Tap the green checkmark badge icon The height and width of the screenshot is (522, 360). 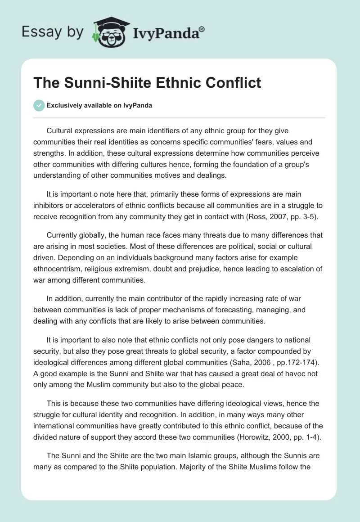coord(39,105)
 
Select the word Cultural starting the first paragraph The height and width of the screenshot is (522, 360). coord(61,130)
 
